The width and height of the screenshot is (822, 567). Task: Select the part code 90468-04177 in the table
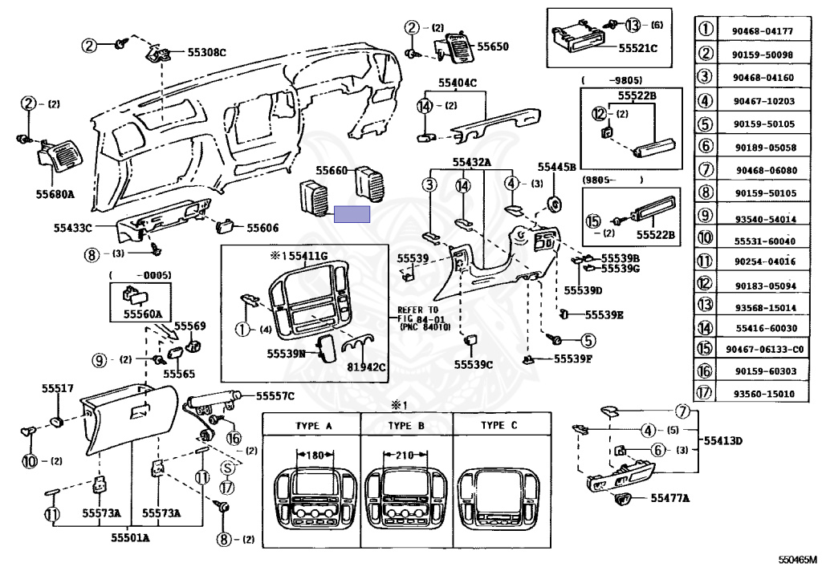pos(763,31)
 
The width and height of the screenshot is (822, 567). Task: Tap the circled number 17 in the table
pos(706,394)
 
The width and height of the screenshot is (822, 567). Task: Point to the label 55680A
pos(54,194)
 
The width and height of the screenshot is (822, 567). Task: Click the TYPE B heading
pos(405,425)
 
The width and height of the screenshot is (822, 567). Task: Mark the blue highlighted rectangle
pos(352,214)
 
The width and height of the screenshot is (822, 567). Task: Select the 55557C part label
pos(275,395)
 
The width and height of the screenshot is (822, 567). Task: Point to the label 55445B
pos(557,167)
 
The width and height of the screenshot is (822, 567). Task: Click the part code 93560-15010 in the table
pos(763,394)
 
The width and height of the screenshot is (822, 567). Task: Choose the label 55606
pos(262,228)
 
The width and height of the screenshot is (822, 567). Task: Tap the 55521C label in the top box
pos(638,48)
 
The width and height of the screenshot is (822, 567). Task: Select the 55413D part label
pos(724,440)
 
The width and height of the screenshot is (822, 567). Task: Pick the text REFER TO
pos(419,310)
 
